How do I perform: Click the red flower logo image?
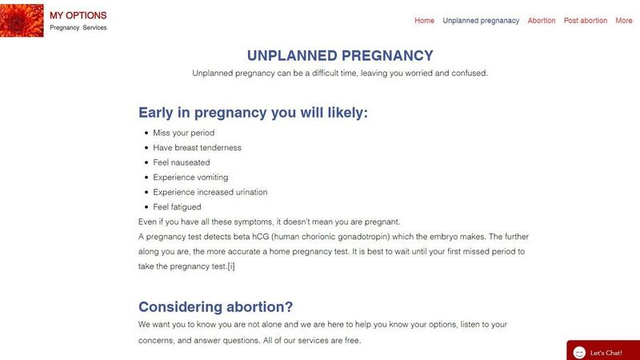[22, 19]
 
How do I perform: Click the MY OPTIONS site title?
[78, 15]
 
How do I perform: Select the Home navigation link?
[425, 21]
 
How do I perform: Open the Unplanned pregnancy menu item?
[481, 21]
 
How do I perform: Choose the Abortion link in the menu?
[542, 21]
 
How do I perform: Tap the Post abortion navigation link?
[586, 21]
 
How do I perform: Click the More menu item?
[624, 21]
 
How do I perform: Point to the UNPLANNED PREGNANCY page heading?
[340, 56]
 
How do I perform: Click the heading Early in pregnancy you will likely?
[253, 113]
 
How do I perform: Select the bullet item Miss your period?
[184, 133]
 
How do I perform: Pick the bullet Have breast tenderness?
[197, 148]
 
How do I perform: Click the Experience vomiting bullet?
[190, 178]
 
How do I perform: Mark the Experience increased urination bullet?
[210, 192]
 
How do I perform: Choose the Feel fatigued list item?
[177, 207]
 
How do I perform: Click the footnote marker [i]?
[230, 266]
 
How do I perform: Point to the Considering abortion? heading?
[216, 307]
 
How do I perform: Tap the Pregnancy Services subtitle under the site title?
[78, 28]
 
